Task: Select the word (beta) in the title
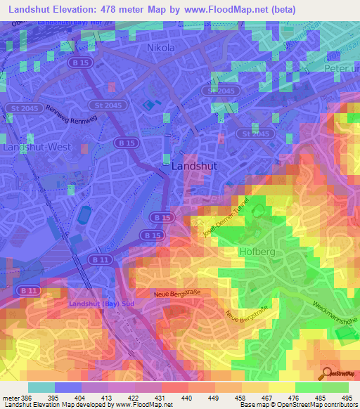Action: coord(280,9)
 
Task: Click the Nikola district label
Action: coord(160,48)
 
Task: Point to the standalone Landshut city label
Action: coord(195,166)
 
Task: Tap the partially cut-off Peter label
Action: coord(341,68)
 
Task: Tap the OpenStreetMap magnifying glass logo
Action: coord(327,373)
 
